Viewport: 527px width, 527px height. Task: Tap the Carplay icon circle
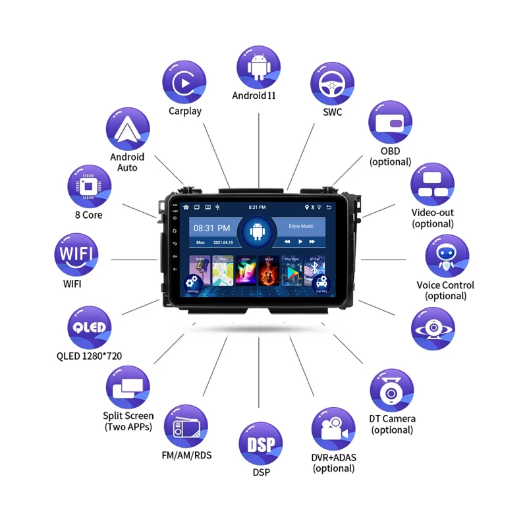[184, 82]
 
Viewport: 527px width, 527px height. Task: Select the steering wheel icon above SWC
[333, 84]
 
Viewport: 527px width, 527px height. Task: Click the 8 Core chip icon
[89, 186]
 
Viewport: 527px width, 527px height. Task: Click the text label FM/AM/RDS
[186, 455]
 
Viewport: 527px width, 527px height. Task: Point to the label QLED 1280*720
[89, 356]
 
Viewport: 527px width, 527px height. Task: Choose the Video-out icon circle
[433, 185]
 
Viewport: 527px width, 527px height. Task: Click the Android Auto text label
[127, 162]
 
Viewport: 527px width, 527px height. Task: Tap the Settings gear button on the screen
[192, 282]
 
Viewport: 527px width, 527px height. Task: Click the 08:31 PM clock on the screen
[211, 228]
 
